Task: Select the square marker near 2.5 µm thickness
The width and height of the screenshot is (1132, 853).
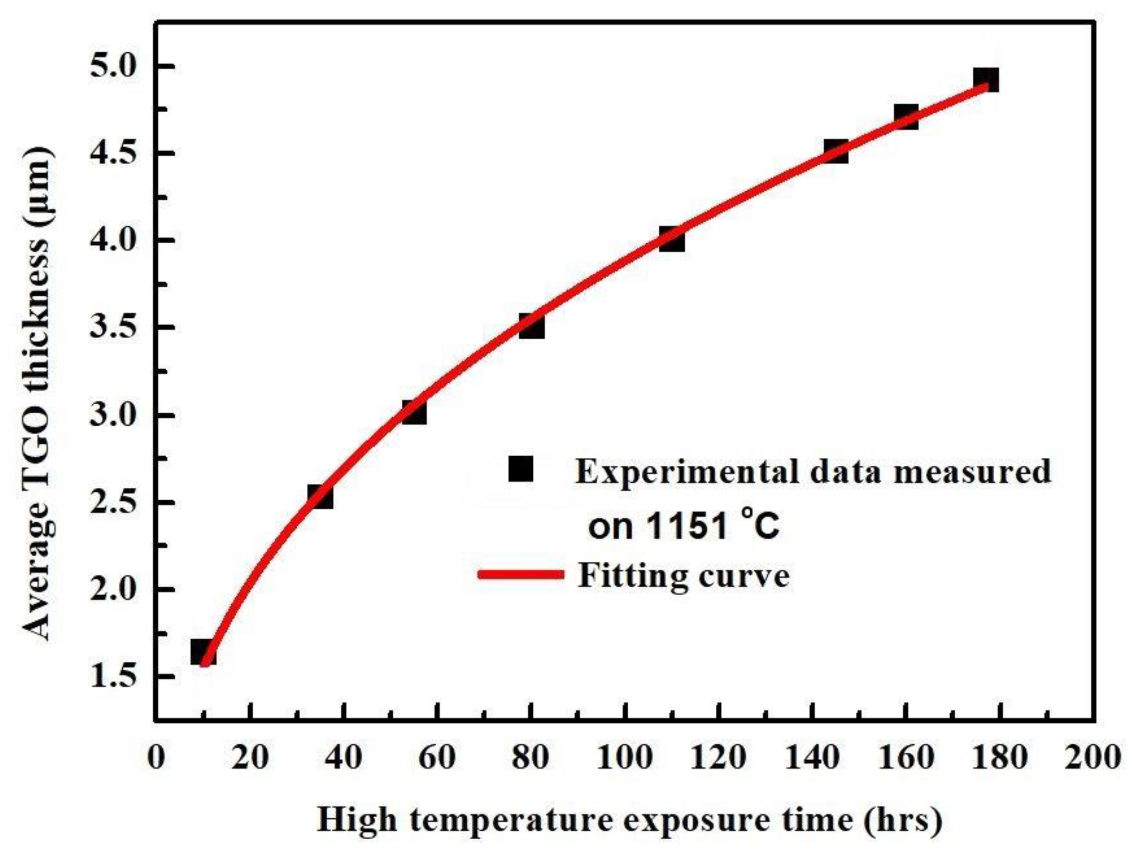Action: [x=321, y=496]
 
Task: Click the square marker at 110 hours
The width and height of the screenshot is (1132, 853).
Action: [x=671, y=240]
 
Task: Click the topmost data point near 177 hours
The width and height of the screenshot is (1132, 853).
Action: [x=986, y=80]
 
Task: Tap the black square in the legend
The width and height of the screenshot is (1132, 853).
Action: [x=521, y=469]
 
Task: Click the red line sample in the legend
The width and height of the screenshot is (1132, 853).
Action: [x=521, y=575]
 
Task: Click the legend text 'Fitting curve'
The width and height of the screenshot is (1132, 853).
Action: [x=683, y=576]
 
